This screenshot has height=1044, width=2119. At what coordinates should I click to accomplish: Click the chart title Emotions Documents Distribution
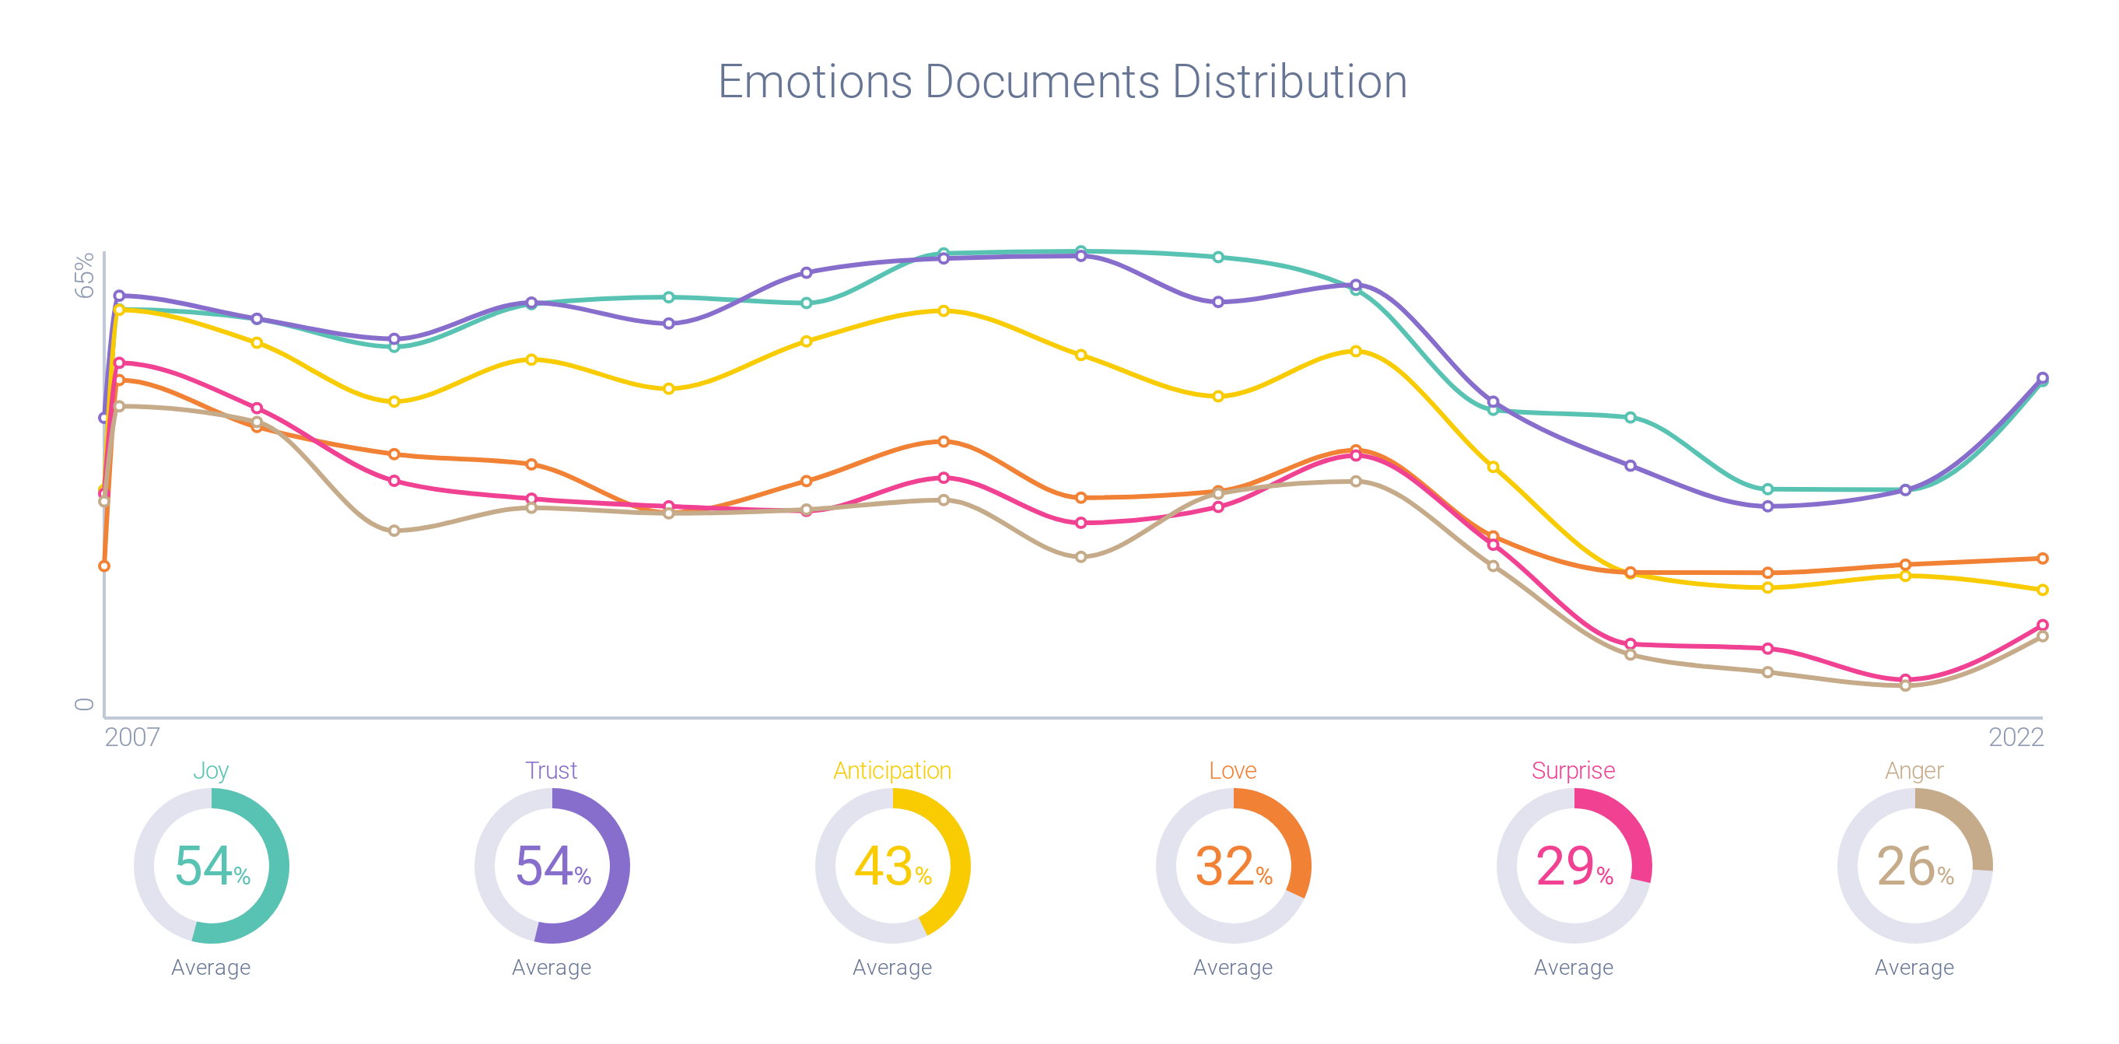1062,82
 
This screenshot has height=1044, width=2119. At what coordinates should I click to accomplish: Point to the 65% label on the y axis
85,275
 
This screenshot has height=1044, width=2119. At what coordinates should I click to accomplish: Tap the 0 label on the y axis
85,704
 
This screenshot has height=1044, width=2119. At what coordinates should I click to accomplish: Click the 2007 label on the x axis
131,737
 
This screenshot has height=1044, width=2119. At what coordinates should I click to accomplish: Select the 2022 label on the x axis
2016,737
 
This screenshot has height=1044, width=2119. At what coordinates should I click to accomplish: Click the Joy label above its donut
211,771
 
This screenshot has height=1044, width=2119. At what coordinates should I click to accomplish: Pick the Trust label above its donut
551,771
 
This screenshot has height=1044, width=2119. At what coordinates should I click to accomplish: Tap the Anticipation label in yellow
892,771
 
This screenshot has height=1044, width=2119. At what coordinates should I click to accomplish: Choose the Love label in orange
1232,771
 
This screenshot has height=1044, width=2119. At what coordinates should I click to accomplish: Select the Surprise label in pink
1573,771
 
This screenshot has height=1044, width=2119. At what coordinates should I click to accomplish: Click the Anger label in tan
1914,771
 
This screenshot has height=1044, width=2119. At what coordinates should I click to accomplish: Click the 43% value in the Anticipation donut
892,867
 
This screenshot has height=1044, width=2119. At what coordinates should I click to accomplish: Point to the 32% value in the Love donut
1233,867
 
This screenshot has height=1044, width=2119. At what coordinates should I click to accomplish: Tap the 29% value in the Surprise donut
1574,867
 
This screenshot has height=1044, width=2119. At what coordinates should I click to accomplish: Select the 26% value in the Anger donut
1914,867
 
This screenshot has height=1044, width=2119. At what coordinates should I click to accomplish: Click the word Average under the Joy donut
211,968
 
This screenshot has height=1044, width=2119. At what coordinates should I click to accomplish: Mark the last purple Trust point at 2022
2043,377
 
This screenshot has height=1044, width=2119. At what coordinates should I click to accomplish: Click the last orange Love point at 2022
2043,559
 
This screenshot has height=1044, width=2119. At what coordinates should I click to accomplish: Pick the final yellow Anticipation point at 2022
2043,590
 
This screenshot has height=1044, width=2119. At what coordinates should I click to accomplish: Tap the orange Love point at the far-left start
103,566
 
